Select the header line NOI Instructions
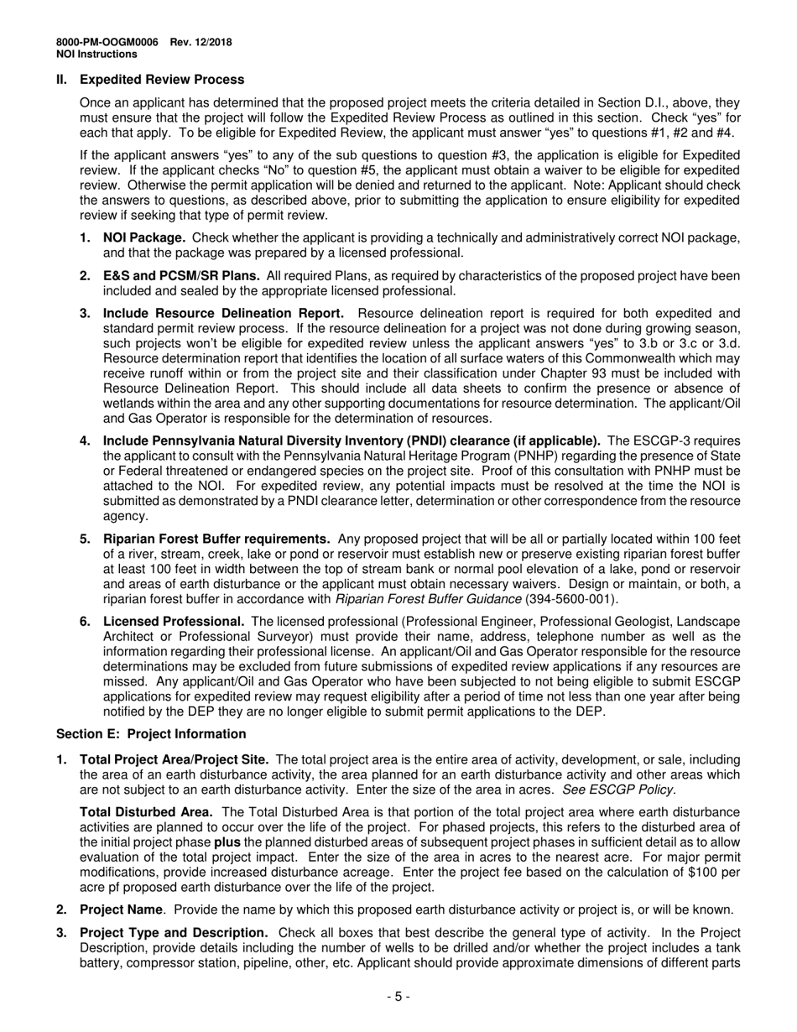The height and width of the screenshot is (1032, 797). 96,55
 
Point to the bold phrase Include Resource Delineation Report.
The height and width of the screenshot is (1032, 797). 223,314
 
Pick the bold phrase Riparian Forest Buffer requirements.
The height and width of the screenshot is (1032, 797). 216,539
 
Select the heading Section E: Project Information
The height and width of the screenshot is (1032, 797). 151,734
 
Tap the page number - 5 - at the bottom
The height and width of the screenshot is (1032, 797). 398,997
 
